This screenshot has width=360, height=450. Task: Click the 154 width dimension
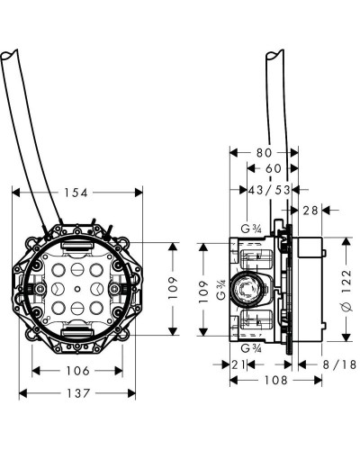[x=77, y=192]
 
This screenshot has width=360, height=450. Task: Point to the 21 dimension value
[x=238, y=364]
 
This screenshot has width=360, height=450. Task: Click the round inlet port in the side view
[x=244, y=290]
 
